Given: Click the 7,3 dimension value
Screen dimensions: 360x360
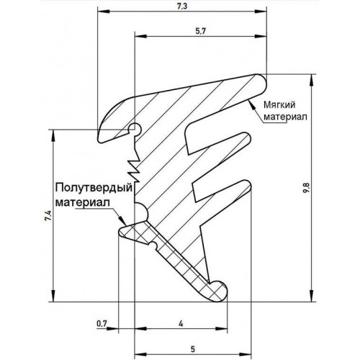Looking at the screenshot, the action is pos(182,6).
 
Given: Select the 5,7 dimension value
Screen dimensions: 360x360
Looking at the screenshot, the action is pos(201,31).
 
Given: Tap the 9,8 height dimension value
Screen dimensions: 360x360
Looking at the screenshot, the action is pos(307,188).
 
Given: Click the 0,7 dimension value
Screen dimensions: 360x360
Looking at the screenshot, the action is pos(102,324).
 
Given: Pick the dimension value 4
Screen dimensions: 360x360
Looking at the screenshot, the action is pos(181,324).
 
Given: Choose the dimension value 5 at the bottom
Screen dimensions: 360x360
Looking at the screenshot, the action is pos(193,349).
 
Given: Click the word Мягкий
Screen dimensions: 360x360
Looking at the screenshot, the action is pos(279,105).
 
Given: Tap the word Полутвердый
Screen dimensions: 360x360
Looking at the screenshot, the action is pos(94,188).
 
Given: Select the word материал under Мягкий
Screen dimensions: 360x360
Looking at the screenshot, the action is pos(285,117).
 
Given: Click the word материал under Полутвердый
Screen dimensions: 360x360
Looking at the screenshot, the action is pos(83,202).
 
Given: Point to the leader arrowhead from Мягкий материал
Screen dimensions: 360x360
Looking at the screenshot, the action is pos(251,104).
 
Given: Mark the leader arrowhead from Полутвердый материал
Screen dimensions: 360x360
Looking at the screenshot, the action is pos(122,220).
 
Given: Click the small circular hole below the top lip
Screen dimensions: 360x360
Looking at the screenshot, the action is pos(134,129).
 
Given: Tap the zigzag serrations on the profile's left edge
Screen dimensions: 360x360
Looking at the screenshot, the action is pos(134,167).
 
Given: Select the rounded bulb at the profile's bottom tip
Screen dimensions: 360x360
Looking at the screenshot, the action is pos(217,291).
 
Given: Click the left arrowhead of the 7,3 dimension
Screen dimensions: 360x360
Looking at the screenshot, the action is pos(104,12).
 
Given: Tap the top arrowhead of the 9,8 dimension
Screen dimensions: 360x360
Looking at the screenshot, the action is pos(312,80).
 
